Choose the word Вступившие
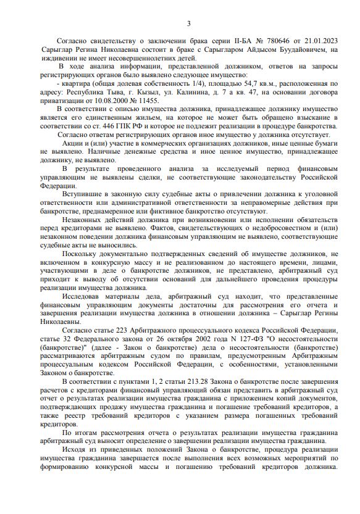[84, 194]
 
